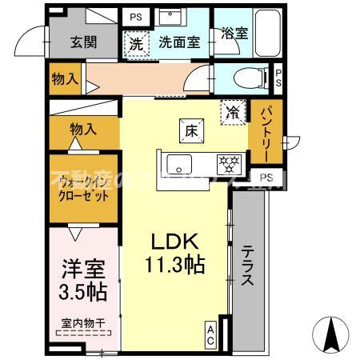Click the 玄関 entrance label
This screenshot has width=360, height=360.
point(83,42)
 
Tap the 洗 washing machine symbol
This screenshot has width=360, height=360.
point(137,44)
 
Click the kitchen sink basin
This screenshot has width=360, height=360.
point(178,165)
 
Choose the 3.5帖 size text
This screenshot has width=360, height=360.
point(82,291)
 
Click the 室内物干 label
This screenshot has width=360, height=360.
point(82,324)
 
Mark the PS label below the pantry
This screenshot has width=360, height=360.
point(266,177)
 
